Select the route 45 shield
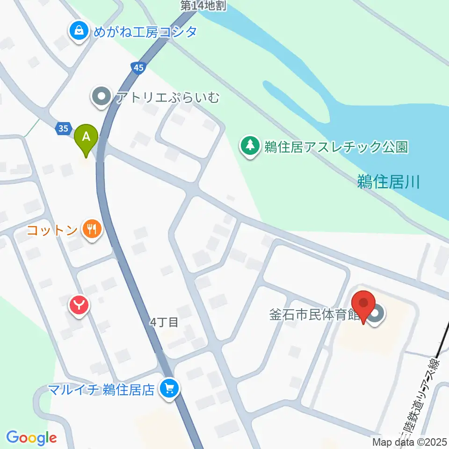click(138, 68)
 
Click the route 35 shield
click(64, 128)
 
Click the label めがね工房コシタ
click(145, 32)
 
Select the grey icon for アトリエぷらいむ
click(101, 97)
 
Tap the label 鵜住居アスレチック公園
click(336, 147)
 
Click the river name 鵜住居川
click(388, 181)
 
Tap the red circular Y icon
click(80, 306)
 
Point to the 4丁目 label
click(164, 322)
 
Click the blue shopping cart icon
click(169, 388)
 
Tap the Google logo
click(31, 437)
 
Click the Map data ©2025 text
click(410, 442)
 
